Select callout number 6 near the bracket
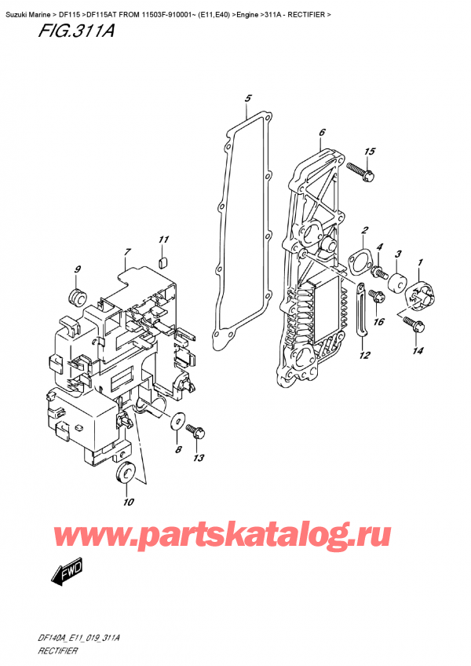click(x=323, y=134)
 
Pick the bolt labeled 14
click(x=411, y=323)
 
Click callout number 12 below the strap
click(x=363, y=355)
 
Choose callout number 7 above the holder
click(x=127, y=251)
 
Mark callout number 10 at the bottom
click(x=129, y=502)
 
